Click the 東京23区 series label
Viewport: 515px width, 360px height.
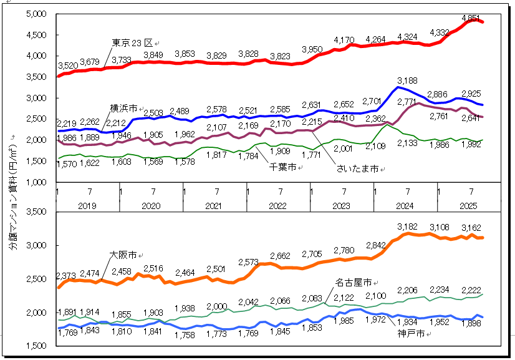click(x=132, y=43)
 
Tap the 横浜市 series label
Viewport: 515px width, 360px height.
click(x=123, y=108)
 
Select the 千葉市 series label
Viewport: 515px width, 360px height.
click(x=282, y=167)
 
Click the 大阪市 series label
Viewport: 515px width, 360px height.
click(x=122, y=255)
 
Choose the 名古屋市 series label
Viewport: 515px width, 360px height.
click(x=354, y=281)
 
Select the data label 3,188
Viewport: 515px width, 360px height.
click(x=407, y=80)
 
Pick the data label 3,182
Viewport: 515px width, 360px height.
click(x=408, y=226)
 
